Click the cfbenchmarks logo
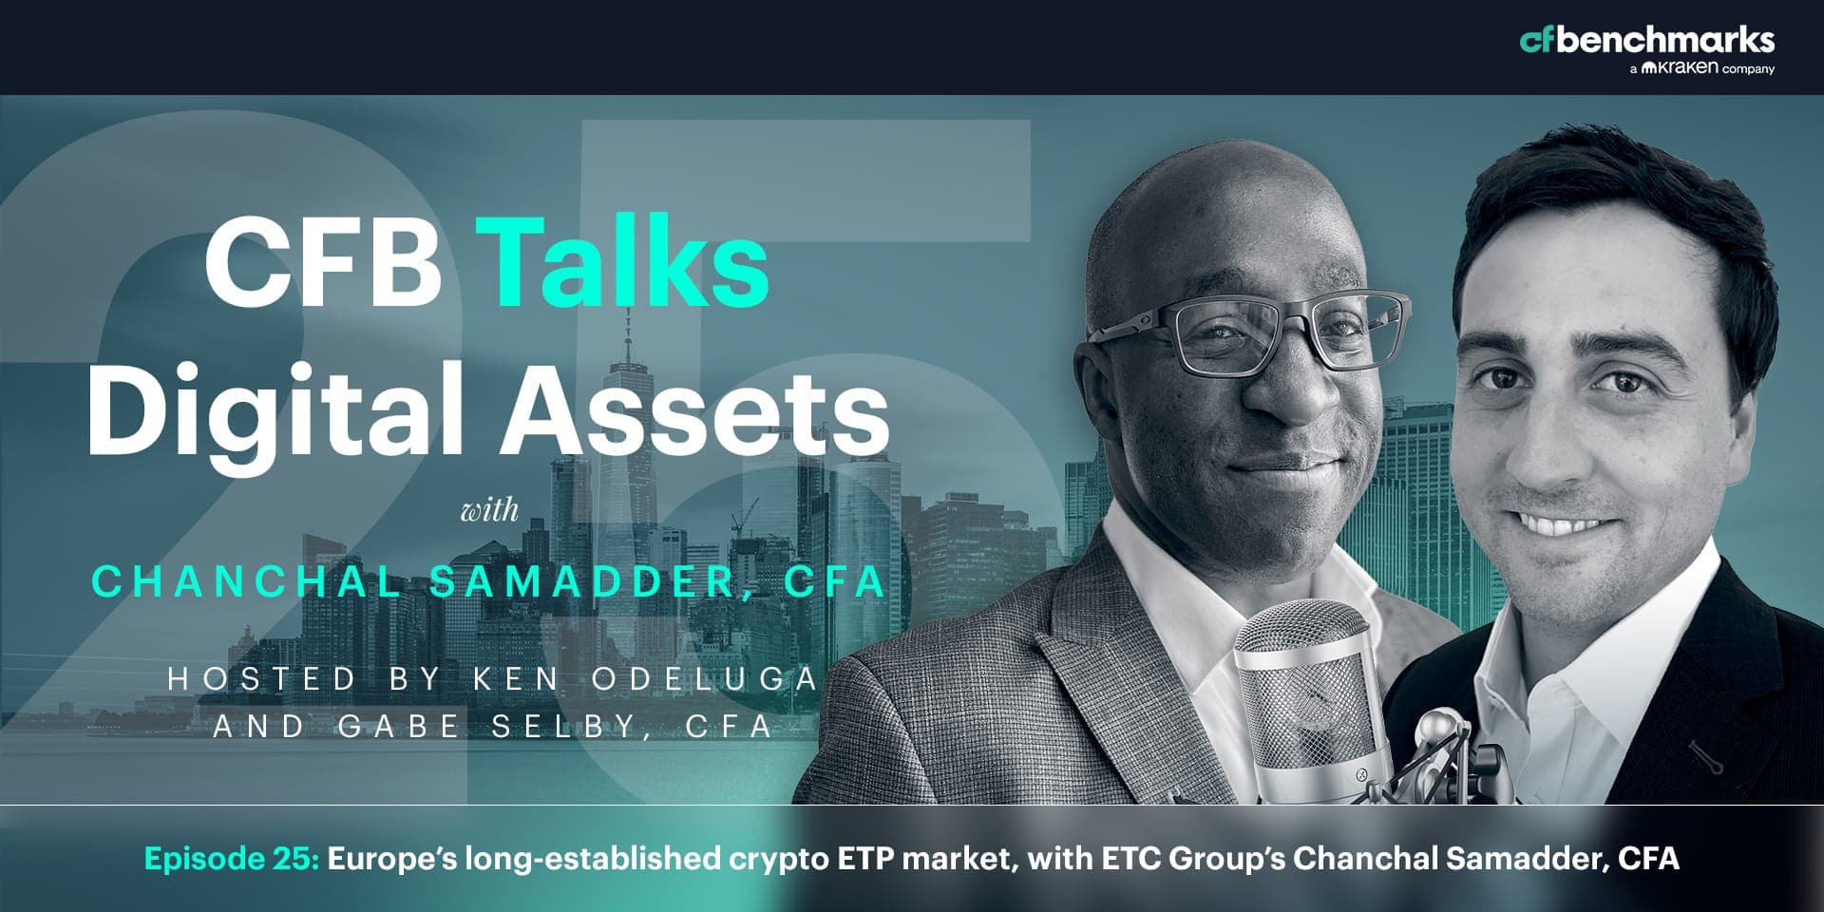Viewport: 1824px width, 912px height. pos(1647,40)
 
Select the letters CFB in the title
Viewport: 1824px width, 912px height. pos(322,261)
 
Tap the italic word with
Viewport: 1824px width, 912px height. pos(489,511)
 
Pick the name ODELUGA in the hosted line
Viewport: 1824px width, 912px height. pos(704,678)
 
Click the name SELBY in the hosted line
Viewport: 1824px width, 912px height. pos(563,727)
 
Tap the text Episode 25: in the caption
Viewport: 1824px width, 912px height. pos(232,859)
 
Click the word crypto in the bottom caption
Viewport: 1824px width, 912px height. pos(778,861)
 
